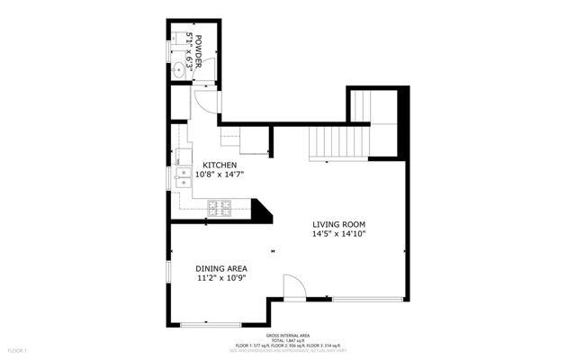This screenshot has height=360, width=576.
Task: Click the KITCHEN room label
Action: coord(220,165)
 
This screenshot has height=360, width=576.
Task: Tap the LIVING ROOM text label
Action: coord(338,224)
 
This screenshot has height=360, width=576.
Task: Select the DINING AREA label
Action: coord(221,268)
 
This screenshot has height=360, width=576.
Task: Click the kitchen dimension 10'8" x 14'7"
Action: coord(220,175)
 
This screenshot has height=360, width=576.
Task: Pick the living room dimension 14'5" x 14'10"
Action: coord(338,234)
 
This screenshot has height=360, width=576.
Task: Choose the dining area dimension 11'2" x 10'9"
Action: coord(221,278)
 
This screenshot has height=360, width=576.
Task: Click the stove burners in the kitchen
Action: coord(219,209)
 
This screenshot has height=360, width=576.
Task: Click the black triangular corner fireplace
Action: coord(263,212)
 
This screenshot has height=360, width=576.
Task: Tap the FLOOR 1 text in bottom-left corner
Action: coord(18,349)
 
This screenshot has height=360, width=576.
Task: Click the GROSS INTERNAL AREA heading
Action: coord(288,334)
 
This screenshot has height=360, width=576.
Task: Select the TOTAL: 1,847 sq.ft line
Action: coord(288,339)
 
